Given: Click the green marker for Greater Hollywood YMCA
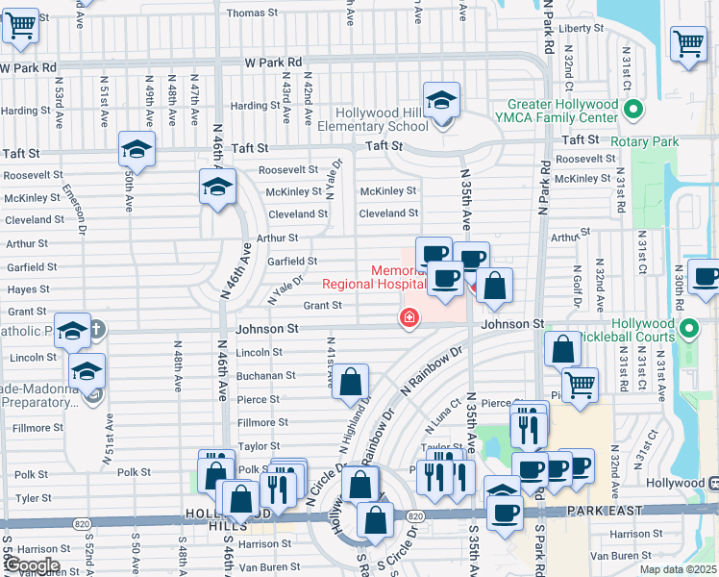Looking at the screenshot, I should pos(632,111).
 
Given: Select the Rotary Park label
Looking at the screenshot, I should pos(646,142).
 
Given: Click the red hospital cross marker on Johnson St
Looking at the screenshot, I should pos(409,317).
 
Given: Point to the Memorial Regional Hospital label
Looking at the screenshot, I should pos(374,277).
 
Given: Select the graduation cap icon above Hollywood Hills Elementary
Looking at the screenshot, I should pos(441,101).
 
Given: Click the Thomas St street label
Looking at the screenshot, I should pos(252,13).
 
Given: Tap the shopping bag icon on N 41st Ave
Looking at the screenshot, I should pos(353,381).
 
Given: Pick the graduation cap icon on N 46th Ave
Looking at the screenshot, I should pos(218,186).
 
